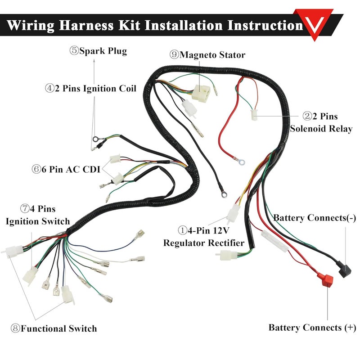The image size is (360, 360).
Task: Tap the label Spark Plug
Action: coord(98,51)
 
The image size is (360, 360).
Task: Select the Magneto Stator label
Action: coord(207,55)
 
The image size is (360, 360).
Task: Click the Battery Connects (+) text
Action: coord(312,327)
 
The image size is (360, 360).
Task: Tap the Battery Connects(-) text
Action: coord(315,218)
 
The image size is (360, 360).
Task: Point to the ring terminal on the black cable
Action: coord(222,194)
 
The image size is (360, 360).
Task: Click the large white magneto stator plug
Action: coord(201,93)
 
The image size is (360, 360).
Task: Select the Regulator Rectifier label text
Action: coord(203,243)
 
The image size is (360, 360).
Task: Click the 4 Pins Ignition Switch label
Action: coord(37,215)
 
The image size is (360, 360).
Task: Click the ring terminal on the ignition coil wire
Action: coord(96,139)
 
